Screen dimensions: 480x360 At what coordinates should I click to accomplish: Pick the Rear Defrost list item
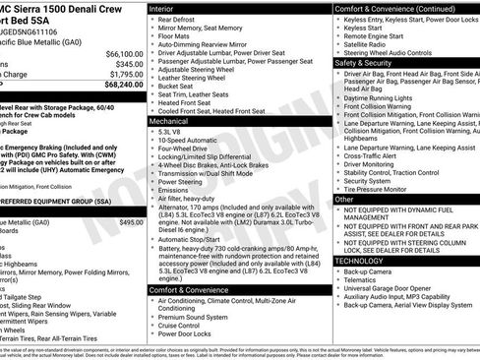tap(178, 20)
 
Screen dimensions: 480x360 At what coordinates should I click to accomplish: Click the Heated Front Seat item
tap(186, 101)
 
